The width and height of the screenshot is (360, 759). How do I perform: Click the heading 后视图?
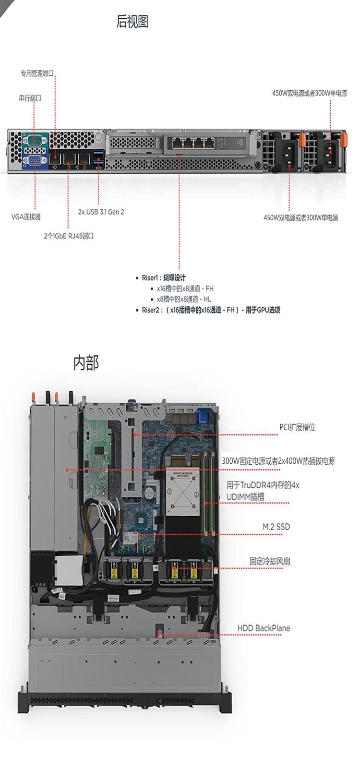coord(132,22)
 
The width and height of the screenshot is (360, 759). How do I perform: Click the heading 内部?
coord(86,363)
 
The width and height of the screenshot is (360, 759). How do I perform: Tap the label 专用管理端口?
coord(37,73)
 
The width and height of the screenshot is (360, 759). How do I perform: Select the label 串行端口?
coord(30,98)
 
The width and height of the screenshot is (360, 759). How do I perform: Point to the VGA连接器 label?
coord(26,217)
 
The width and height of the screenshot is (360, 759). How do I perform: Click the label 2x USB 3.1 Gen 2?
coord(101,212)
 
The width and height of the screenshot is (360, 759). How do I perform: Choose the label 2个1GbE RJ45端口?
coord(69,236)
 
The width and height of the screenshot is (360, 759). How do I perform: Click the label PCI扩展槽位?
coord(298,427)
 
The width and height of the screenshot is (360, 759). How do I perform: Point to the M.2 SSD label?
coord(276,527)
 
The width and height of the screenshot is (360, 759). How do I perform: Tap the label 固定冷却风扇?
coord(270,561)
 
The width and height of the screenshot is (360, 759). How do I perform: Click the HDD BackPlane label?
coord(264,628)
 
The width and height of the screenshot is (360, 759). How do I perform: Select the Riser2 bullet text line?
coord(211,310)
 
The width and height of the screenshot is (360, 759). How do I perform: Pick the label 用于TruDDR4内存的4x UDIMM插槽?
coord(263,491)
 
